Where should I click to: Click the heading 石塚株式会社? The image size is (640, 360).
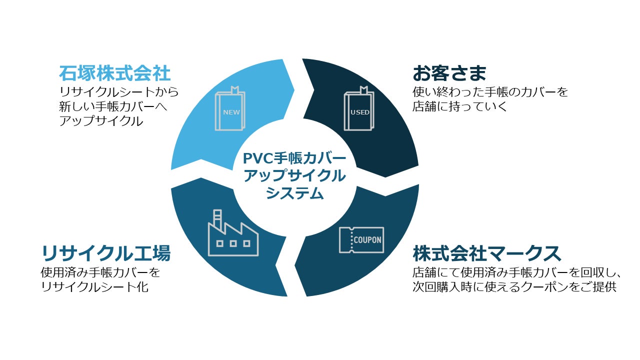tap(115, 74)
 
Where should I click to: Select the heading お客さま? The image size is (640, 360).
tap(449, 74)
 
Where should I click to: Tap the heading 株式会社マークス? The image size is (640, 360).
tap(487, 254)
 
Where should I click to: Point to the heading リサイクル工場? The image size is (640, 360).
tap(105, 254)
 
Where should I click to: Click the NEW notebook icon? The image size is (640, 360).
tap(230, 109)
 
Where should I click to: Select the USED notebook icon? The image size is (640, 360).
tap(359, 109)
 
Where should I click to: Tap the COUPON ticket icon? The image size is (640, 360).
tap(361, 240)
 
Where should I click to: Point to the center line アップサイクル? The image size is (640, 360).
tap(294, 176)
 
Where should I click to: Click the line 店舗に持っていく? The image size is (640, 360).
tap(460, 106)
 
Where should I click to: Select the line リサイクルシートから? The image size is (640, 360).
tap(118, 92)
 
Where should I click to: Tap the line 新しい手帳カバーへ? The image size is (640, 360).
tap(112, 106)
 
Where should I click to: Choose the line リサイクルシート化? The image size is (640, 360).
tap(94, 287)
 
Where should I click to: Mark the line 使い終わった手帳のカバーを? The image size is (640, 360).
tap(490, 92)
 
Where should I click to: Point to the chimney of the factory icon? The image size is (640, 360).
tap(217, 217)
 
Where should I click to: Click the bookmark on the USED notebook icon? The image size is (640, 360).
tap(364, 90)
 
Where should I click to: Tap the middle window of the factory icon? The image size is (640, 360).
tap(233, 243)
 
